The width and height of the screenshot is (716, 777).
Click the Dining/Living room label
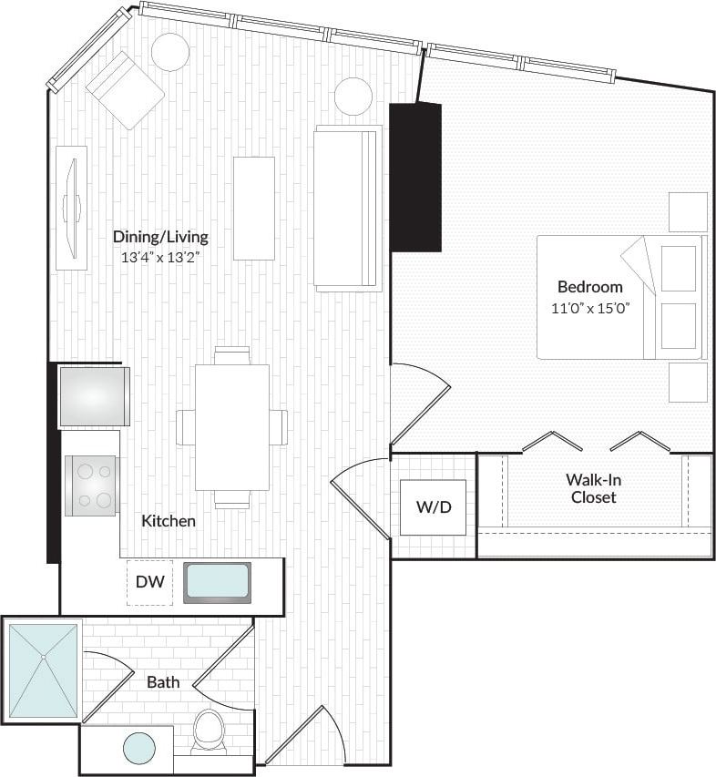[160, 237]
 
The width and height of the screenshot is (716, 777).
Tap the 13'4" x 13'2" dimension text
[160, 257]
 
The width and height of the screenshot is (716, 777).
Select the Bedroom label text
[589, 287]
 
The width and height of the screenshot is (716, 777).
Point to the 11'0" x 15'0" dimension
[589, 307]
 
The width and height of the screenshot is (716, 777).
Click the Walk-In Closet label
[593, 488]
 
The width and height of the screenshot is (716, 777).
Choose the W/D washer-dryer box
[434, 507]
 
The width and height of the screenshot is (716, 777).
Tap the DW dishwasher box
[149, 582]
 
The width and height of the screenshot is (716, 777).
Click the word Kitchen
[169, 521]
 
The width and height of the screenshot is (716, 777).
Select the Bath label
[163, 681]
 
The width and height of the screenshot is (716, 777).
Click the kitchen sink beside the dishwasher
[217, 582]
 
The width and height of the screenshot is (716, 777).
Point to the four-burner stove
[91, 486]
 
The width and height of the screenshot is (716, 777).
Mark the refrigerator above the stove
[94, 396]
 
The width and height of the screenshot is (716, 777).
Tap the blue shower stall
[43, 670]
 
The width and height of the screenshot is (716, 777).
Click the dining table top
[232, 426]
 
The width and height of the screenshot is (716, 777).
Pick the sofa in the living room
[347, 208]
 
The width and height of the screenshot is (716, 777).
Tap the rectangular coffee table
[253, 208]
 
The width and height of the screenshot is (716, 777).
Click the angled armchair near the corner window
[125, 88]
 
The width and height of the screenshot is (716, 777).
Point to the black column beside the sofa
[415, 177]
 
